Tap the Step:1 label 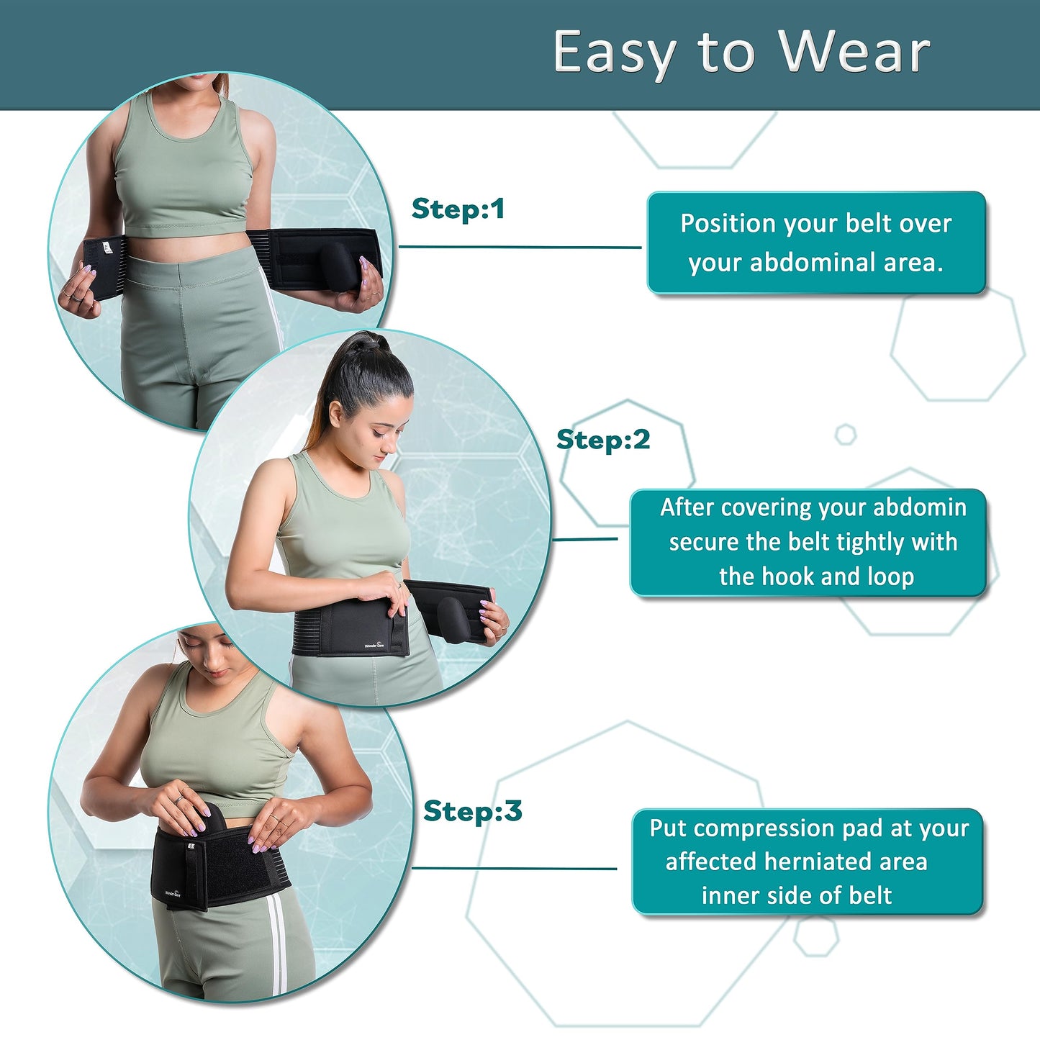pos(458,209)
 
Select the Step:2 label pos(603,439)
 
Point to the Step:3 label pos(472,810)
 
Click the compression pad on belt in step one pos(336,263)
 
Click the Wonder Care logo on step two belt pos(375,646)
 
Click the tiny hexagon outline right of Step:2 pos(845,435)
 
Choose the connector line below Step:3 pos(514,868)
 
